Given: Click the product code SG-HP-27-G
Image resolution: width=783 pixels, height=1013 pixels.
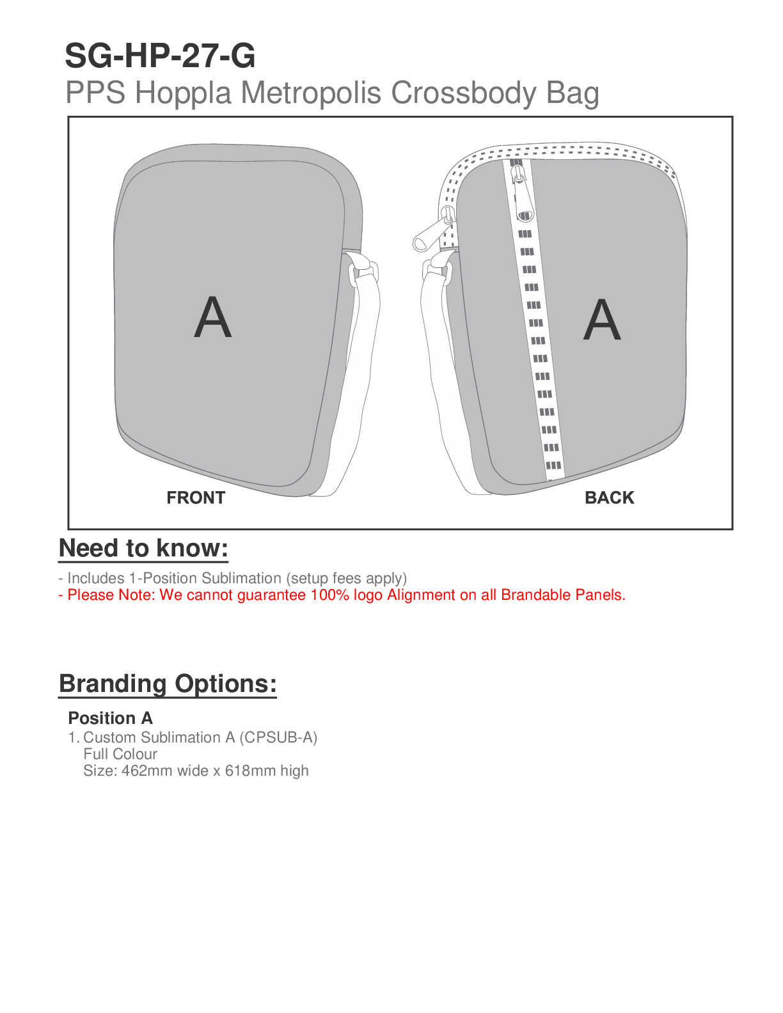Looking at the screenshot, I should point(160,56).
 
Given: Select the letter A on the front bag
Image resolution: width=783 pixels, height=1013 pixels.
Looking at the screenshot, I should point(212,318).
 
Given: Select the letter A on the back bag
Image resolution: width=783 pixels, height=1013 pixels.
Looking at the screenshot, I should point(602,320).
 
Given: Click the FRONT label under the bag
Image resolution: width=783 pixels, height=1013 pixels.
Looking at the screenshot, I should point(196,498).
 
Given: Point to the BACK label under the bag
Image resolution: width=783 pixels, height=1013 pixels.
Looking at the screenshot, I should point(609,498).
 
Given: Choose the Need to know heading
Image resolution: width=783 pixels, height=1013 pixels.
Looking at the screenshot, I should point(143,549).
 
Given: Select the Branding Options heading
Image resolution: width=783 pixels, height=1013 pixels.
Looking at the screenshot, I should point(168,684).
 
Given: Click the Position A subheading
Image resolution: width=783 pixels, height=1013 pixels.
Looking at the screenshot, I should point(110,718).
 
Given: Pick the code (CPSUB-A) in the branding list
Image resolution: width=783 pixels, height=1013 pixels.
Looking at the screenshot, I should point(278,737).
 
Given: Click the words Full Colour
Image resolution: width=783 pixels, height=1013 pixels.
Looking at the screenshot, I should point(120,754).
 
